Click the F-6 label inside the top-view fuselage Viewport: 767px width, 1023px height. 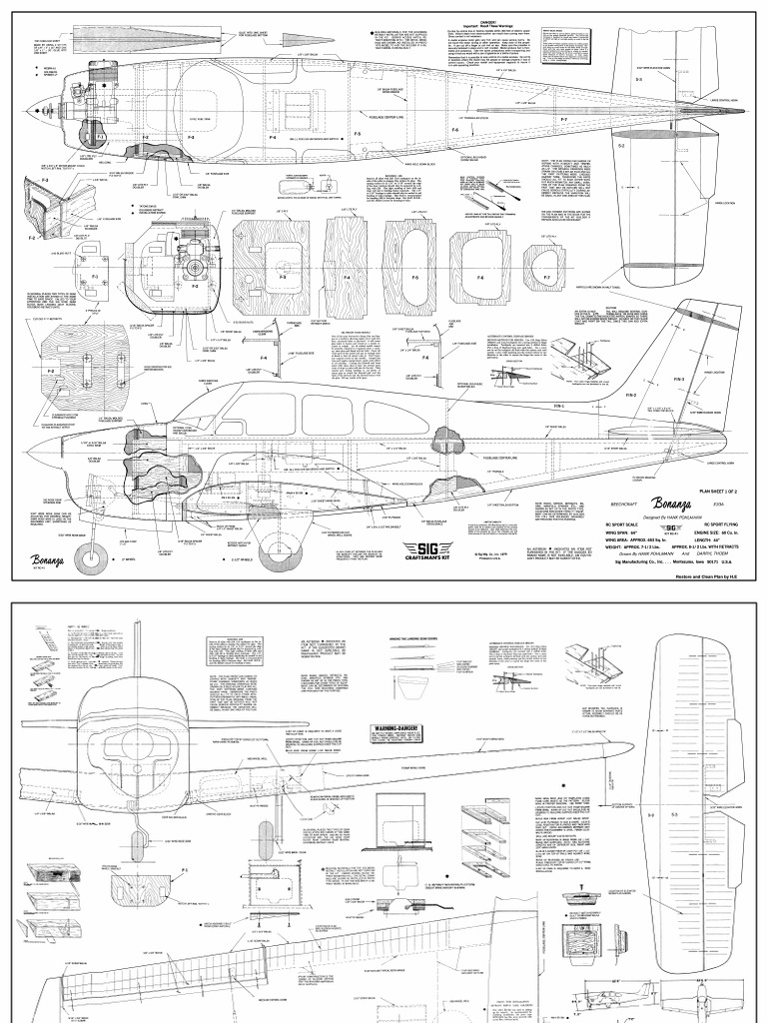tap(454, 130)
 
